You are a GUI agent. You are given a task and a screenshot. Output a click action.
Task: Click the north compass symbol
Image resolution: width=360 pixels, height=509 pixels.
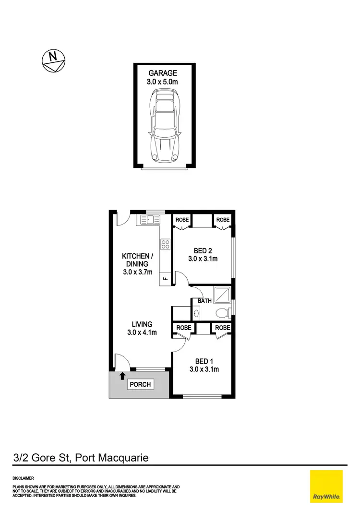54,60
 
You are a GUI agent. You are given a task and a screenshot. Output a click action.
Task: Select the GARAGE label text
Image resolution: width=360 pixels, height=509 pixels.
163,73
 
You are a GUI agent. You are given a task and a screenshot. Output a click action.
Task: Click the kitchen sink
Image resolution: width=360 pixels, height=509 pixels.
150,220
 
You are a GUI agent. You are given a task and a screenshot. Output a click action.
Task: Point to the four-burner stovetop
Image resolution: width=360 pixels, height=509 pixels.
165,244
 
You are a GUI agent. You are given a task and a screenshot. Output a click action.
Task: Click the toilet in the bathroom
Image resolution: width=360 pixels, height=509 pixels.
223,313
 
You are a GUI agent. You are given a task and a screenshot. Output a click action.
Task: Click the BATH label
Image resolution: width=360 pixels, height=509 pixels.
204,301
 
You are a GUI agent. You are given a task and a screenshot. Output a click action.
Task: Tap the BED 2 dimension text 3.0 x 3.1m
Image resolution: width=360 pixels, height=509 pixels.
204,259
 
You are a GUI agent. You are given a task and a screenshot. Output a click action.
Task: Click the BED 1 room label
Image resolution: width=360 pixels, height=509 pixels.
202,361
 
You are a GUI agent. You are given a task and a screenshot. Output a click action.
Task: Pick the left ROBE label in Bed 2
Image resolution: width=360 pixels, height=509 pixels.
182,220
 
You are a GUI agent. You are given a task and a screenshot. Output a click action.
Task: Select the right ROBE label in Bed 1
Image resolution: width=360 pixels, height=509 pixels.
223,328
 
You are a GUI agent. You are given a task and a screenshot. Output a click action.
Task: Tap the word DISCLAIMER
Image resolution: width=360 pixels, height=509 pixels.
23,478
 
